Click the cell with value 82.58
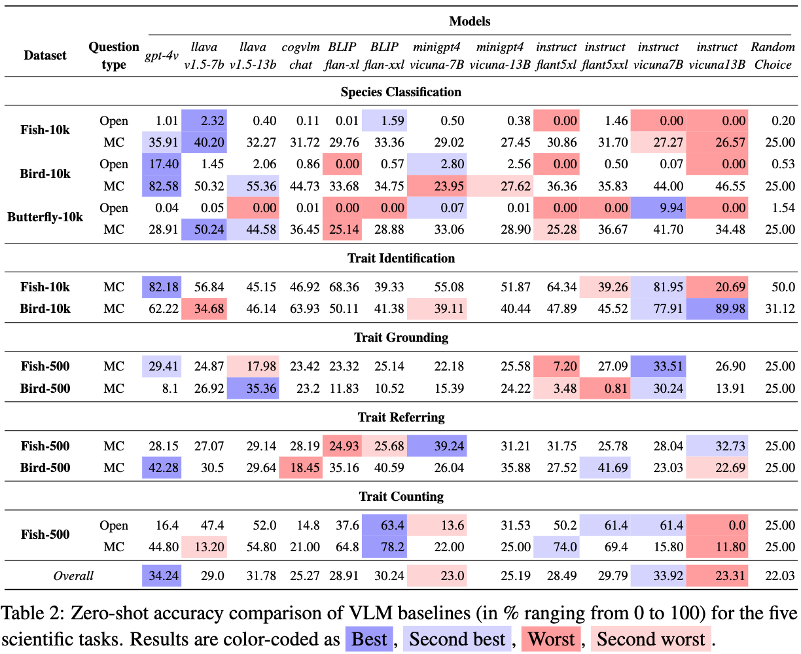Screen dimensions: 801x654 [x=162, y=186]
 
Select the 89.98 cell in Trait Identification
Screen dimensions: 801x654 [x=717, y=308]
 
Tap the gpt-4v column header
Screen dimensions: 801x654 [x=162, y=56]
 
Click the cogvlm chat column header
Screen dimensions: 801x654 [x=300, y=56]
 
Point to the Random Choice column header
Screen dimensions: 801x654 [x=772, y=56]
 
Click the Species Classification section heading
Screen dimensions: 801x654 [x=400, y=92]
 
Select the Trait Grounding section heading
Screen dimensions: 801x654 [x=401, y=337]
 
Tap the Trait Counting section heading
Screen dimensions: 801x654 [x=401, y=496]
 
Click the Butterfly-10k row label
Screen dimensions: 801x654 [x=44, y=217]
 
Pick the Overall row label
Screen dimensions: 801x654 [x=73, y=575]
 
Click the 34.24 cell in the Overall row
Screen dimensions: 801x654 [x=162, y=575]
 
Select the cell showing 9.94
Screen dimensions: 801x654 [x=658, y=208]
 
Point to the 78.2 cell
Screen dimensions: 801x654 [x=384, y=547]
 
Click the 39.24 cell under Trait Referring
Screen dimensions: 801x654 [x=436, y=445]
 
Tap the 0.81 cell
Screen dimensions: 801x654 [x=605, y=388]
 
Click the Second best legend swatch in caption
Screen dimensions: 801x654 [x=457, y=639]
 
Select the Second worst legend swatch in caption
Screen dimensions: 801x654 [x=650, y=639]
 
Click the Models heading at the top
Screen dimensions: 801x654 [x=469, y=21]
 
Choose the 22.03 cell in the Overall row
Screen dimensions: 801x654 [x=779, y=575]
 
